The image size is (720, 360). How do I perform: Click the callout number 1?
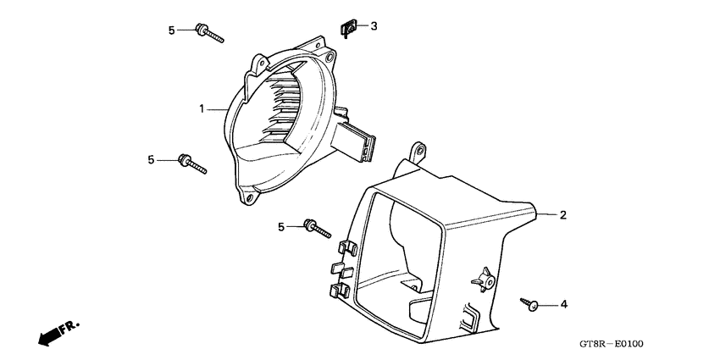(202, 108)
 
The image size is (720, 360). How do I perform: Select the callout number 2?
(562, 215)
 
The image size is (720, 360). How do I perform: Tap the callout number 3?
(374, 26)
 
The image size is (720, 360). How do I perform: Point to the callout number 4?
(562, 303)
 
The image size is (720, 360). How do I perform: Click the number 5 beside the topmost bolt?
(171, 30)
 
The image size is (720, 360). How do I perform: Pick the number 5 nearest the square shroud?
(281, 227)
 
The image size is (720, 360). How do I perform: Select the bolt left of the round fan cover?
(191, 163)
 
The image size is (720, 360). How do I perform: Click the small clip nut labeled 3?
(346, 30)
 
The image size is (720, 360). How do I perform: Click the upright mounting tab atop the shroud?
(417, 152)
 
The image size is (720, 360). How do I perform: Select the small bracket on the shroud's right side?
(484, 277)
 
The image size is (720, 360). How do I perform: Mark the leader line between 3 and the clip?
(361, 27)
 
